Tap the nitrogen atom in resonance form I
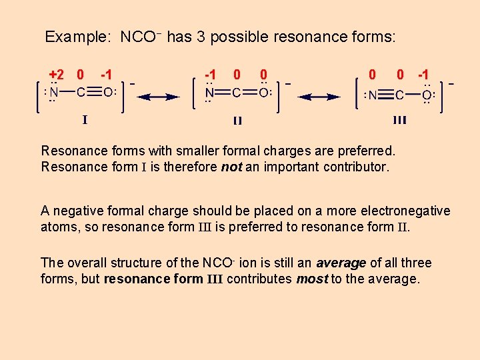tap(55, 93)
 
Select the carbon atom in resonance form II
tap(237, 93)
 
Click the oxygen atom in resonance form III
tap(426, 95)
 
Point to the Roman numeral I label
tap(85, 120)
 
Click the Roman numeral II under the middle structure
tap(237, 121)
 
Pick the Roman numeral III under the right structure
tap(400, 120)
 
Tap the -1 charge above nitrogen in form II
tap(211, 74)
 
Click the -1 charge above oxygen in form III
tap(423, 74)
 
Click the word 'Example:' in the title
tap(77, 37)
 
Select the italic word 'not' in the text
tap(231, 167)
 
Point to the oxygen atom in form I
tap(108, 93)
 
